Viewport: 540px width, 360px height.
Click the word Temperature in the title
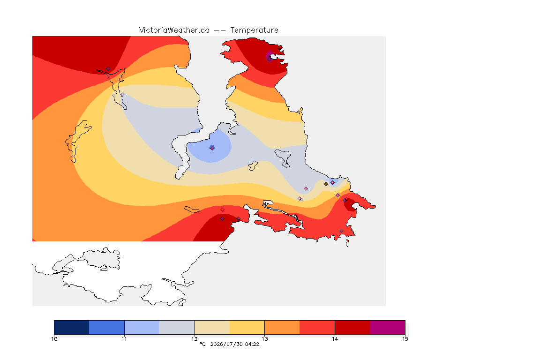coord(254,30)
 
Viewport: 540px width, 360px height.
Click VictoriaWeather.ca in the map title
coord(174,30)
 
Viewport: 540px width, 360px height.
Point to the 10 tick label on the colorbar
coord(54,339)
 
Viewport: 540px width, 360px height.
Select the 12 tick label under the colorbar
coord(195,339)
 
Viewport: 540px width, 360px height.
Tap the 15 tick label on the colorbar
coord(405,339)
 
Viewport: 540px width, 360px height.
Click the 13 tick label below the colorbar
coord(264,339)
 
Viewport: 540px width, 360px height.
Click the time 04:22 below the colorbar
coord(252,344)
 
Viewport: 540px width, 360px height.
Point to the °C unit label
coord(202,344)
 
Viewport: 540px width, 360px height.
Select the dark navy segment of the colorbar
coord(72,327)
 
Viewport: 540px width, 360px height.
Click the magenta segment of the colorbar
coord(388,327)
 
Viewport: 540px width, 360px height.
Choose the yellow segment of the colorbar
coord(247,327)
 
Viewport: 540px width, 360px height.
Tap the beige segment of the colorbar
coord(212,327)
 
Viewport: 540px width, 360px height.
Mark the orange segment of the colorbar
coord(282,327)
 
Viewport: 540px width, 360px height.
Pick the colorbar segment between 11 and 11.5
coord(142,327)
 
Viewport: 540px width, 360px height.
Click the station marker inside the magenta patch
coord(269,59)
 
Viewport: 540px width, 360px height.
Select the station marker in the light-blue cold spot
coord(212,148)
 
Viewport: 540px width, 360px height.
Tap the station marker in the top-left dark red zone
coord(108,69)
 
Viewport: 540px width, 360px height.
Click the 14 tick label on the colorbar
coord(335,339)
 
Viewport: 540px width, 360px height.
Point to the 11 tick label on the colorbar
coord(124,339)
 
